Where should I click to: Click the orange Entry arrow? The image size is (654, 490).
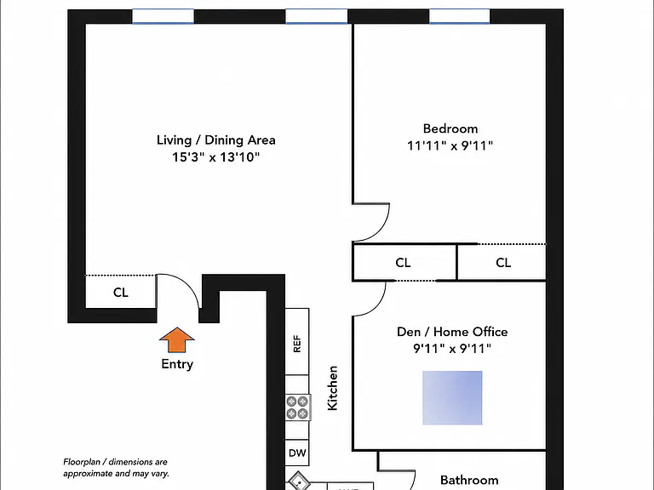pos(177,339)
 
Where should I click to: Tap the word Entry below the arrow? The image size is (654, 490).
pos(177,364)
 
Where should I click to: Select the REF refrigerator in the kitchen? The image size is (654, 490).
pos(297,342)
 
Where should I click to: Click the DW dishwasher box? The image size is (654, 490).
pos(297,453)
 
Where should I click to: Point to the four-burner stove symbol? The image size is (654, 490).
pos(297,407)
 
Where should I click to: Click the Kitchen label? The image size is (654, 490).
pos(332,388)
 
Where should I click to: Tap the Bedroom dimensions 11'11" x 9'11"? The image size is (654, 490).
pos(450,145)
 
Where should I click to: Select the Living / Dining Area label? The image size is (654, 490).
pos(216,140)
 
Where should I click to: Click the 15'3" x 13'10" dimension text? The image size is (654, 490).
pos(216,157)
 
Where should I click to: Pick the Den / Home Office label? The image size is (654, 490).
pos(452,332)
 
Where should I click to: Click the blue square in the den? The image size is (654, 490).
pos(452,398)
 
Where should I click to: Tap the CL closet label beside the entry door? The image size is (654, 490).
pos(121,293)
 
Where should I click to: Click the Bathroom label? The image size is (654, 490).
pos(469,480)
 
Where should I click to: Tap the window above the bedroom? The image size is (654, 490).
pos(460,16)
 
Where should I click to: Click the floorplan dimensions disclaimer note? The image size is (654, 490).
pos(116,468)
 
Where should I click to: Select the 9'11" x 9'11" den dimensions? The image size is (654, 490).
pos(452,348)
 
